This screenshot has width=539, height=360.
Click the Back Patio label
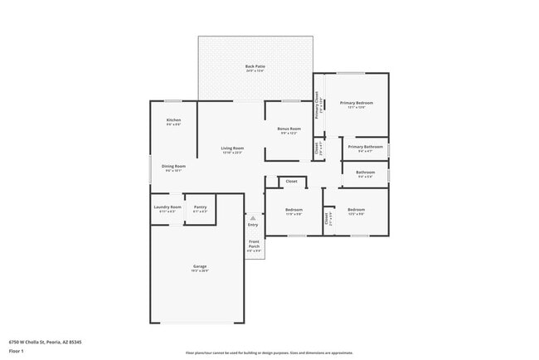pyautogui.click(x=255, y=66)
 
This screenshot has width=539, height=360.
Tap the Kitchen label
pyautogui.click(x=173, y=120)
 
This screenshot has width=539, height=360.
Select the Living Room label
pyautogui.click(x=232, y=148)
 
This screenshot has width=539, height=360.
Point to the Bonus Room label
pyautogui.click(x=289, y=129)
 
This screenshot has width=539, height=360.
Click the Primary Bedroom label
pyautogui.click(x=356, y=103)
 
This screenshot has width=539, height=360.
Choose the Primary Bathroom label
pyautogui.click(x=365, y=147)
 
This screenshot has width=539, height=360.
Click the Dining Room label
pyautogui.click(x=173, y=166)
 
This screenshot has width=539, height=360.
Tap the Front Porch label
pyautogui.click(x=254, y=244)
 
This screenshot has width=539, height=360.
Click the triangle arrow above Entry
pyautogui.click(x=253, y=218)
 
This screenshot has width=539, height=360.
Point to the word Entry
pyautogui.click(x=253, y=225)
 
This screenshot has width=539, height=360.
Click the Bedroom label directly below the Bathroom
pyautogui.click(x=356, y=209)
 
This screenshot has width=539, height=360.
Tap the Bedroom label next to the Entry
pyautogui.click(x=294, y=209)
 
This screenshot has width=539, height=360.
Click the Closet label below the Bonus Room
pyautogui.click(x=291, y=181)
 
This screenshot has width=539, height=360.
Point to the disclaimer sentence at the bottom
pyautogui.click(x=269, y=352)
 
